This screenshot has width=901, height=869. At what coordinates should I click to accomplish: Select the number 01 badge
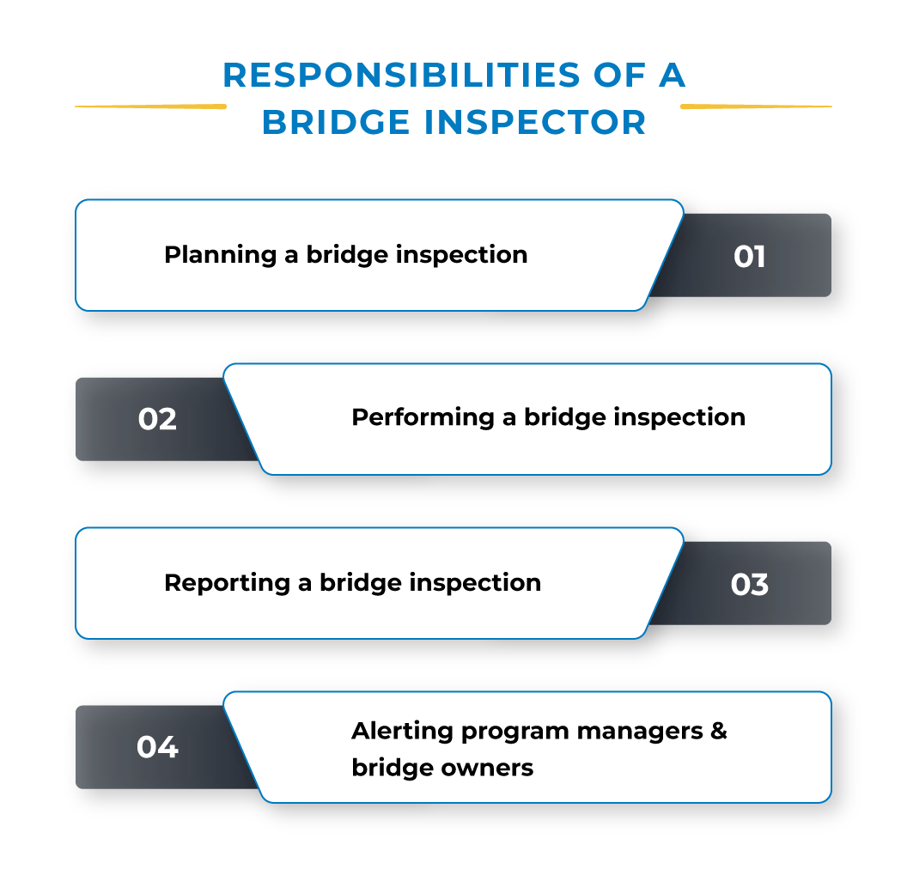749,257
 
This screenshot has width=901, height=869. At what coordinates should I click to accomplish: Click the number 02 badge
157,419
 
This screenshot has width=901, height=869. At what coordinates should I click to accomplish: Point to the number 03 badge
749,584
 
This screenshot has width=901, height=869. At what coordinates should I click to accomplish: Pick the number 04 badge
157,747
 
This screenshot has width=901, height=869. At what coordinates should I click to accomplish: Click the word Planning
219,255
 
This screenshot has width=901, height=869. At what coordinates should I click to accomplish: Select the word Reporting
226,582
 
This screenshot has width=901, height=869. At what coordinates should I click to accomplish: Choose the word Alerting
402,731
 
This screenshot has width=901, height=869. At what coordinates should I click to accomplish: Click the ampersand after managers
719,731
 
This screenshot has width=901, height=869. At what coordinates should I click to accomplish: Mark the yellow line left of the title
150,106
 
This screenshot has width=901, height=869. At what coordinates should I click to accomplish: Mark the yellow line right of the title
756,106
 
